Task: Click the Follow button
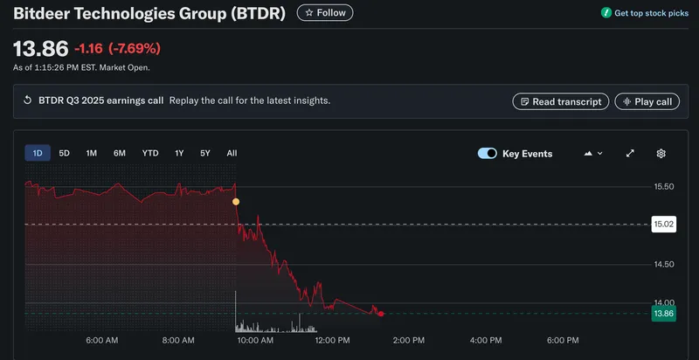click(x=325, y=13)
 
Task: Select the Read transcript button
click(x=560, y=101)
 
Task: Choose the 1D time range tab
click(x=38, y=153)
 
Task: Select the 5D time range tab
click(x=64, y=153)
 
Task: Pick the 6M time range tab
click(x=120, y=153)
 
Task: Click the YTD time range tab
click(x=150, y=153)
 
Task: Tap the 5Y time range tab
click(x=205, y=153)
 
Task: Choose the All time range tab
click(x=232, y=153)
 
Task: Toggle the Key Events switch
click(x=488, y=154)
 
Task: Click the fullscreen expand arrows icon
click(x=630, y=154)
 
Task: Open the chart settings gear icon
click(x=661, y=154)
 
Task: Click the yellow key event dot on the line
click(x=235, y=202)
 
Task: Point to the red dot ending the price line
click(x=381, y=313)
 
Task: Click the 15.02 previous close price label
click(x=664, y=225)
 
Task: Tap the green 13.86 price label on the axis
click(x=664, y=314)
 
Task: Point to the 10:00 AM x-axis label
click(x=256, y=340)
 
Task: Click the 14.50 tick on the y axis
click(x=663, y=264)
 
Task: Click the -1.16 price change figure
click(x=88, y=48)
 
